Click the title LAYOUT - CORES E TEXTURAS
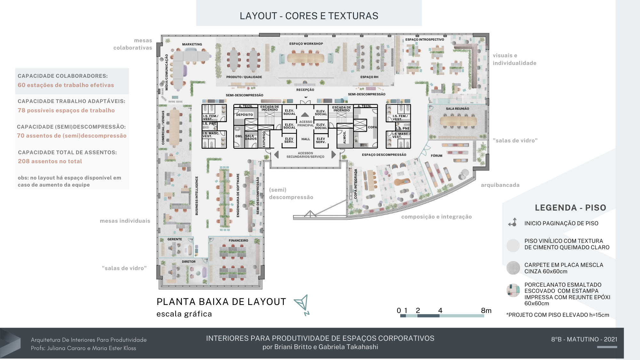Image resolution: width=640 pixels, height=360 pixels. pos(309,16)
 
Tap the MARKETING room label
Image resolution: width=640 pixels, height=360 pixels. pos(192,44)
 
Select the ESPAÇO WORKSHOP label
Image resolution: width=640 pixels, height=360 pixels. pos(306,44)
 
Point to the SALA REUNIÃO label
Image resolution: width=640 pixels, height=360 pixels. pos(457,109)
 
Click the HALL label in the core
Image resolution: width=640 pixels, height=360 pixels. pos(306,139)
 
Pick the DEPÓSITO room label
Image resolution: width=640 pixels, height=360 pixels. pos(244,115)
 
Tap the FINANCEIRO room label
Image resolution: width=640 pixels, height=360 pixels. pos(238,241)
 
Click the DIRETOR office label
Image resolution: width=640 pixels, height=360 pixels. pos(188,262)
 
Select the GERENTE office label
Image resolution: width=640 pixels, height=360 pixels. pos(175,239)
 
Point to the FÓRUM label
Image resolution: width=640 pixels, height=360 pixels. pos(436,156)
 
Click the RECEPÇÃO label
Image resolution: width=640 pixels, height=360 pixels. pos(305,90)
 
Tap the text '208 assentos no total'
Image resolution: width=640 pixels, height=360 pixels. pos(50,161)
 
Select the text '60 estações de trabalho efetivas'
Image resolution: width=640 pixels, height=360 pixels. pos(66,85)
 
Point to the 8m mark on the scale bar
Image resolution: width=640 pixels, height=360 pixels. pos(486,311)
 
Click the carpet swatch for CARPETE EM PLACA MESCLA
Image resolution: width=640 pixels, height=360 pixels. pos(513,268)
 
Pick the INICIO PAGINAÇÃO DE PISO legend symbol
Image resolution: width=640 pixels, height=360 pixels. pos(513,222)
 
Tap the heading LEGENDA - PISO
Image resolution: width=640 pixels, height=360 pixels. pos(570,208)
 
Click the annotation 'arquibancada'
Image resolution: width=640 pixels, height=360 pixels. pos(500,185)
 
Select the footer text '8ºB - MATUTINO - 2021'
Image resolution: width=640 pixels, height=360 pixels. pos(584,339)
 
